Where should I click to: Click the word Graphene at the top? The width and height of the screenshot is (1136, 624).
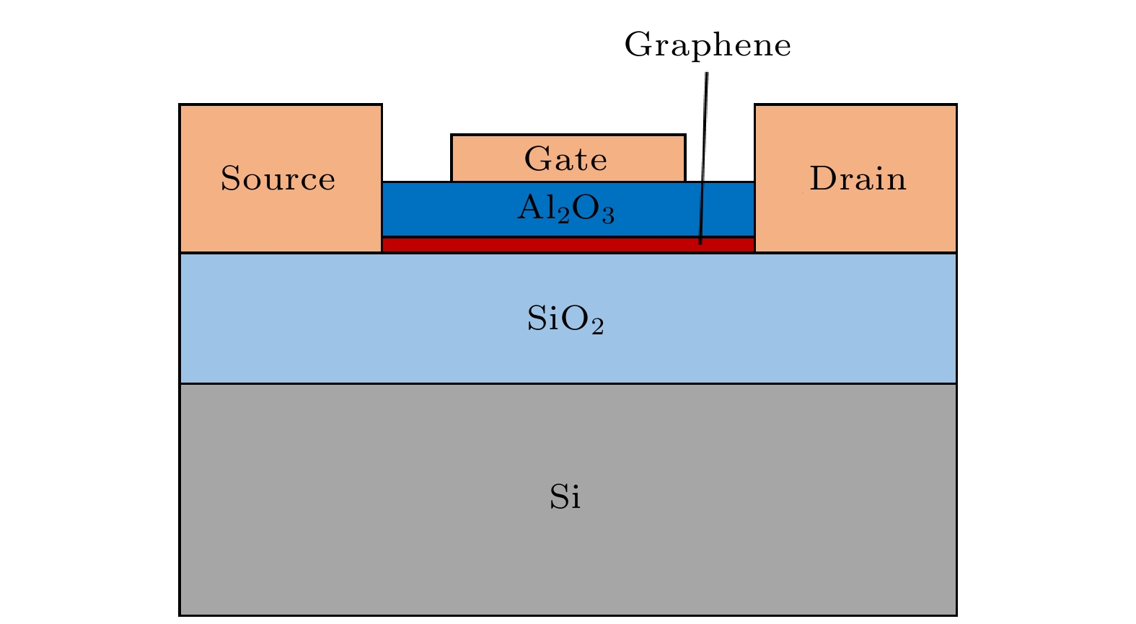click(x=708, y=45)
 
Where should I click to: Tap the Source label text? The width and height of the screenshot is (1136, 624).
click(x=278, y=179)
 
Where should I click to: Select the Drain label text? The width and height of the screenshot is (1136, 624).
click(x=858, y=179)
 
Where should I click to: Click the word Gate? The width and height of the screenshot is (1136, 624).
click(x=565, y=159)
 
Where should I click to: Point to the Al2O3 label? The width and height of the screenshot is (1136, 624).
click(x=565, y=210)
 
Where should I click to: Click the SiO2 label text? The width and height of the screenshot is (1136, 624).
click(x=565, y=319)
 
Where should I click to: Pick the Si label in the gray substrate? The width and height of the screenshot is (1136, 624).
click(x=565, y=497)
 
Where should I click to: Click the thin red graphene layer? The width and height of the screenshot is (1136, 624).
click(x=505, y=245)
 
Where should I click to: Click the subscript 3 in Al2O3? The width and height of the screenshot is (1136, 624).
click(x=608, y=215)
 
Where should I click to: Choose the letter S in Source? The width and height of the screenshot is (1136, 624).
click(x=230, y=179)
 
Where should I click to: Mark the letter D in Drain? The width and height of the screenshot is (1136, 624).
click(x=822, y=179)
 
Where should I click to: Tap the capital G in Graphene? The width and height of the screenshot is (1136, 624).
click(x=637, y=45)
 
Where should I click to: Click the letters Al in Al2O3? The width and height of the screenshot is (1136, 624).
click(x=535, y=209)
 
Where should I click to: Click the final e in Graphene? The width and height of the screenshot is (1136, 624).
click(x=783, y=48)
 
